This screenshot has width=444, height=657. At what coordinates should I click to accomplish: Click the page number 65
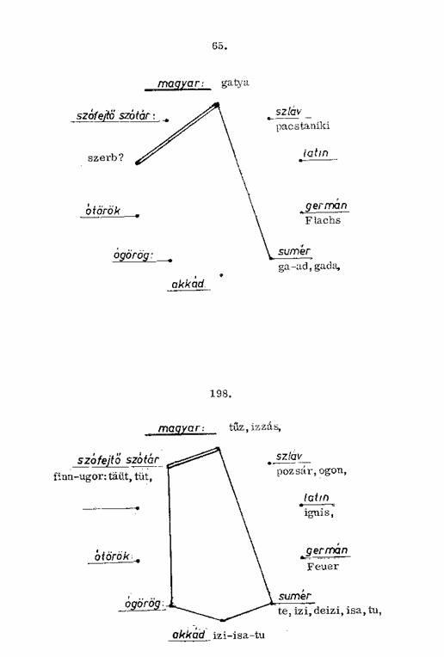(x=219, y=46)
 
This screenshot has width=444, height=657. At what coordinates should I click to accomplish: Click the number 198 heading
(x=221, y=394)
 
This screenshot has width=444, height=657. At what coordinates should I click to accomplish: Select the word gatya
(x=235, y=83)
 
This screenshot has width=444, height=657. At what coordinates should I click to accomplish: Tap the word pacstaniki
(x=303, y=126)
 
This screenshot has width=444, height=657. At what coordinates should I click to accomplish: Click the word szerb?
(x=106, y=157)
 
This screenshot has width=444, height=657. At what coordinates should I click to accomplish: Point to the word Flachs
(x=323, y=220)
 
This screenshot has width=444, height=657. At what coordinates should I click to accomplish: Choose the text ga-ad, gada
(x=309, y=266)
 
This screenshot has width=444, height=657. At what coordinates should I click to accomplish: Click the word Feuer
(x=323, y=567)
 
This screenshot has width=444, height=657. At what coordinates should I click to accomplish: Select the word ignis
(x=318, y=513)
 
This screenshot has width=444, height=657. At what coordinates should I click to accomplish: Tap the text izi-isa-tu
(x=239, y=635)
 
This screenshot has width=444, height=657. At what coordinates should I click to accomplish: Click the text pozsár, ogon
(x=311, y=471)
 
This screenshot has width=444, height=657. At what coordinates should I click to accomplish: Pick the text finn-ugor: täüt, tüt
(x=102, y=476)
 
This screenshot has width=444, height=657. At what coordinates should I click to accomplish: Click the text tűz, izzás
(x=255, y=427)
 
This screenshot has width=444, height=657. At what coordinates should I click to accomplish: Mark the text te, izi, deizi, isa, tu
(x=330, y=611)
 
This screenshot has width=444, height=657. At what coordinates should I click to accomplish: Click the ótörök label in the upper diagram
(x=102, y=211)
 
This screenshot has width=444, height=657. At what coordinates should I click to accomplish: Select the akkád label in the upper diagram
(x=188, y=285)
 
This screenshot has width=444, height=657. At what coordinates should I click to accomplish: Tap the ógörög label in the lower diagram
(x=143, y=604)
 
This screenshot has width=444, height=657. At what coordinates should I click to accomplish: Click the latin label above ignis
(x=317, y=498)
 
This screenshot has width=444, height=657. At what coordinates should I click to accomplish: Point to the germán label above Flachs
(x=326, y=206)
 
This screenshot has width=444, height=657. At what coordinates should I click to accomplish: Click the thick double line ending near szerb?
(x=176, y=133)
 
